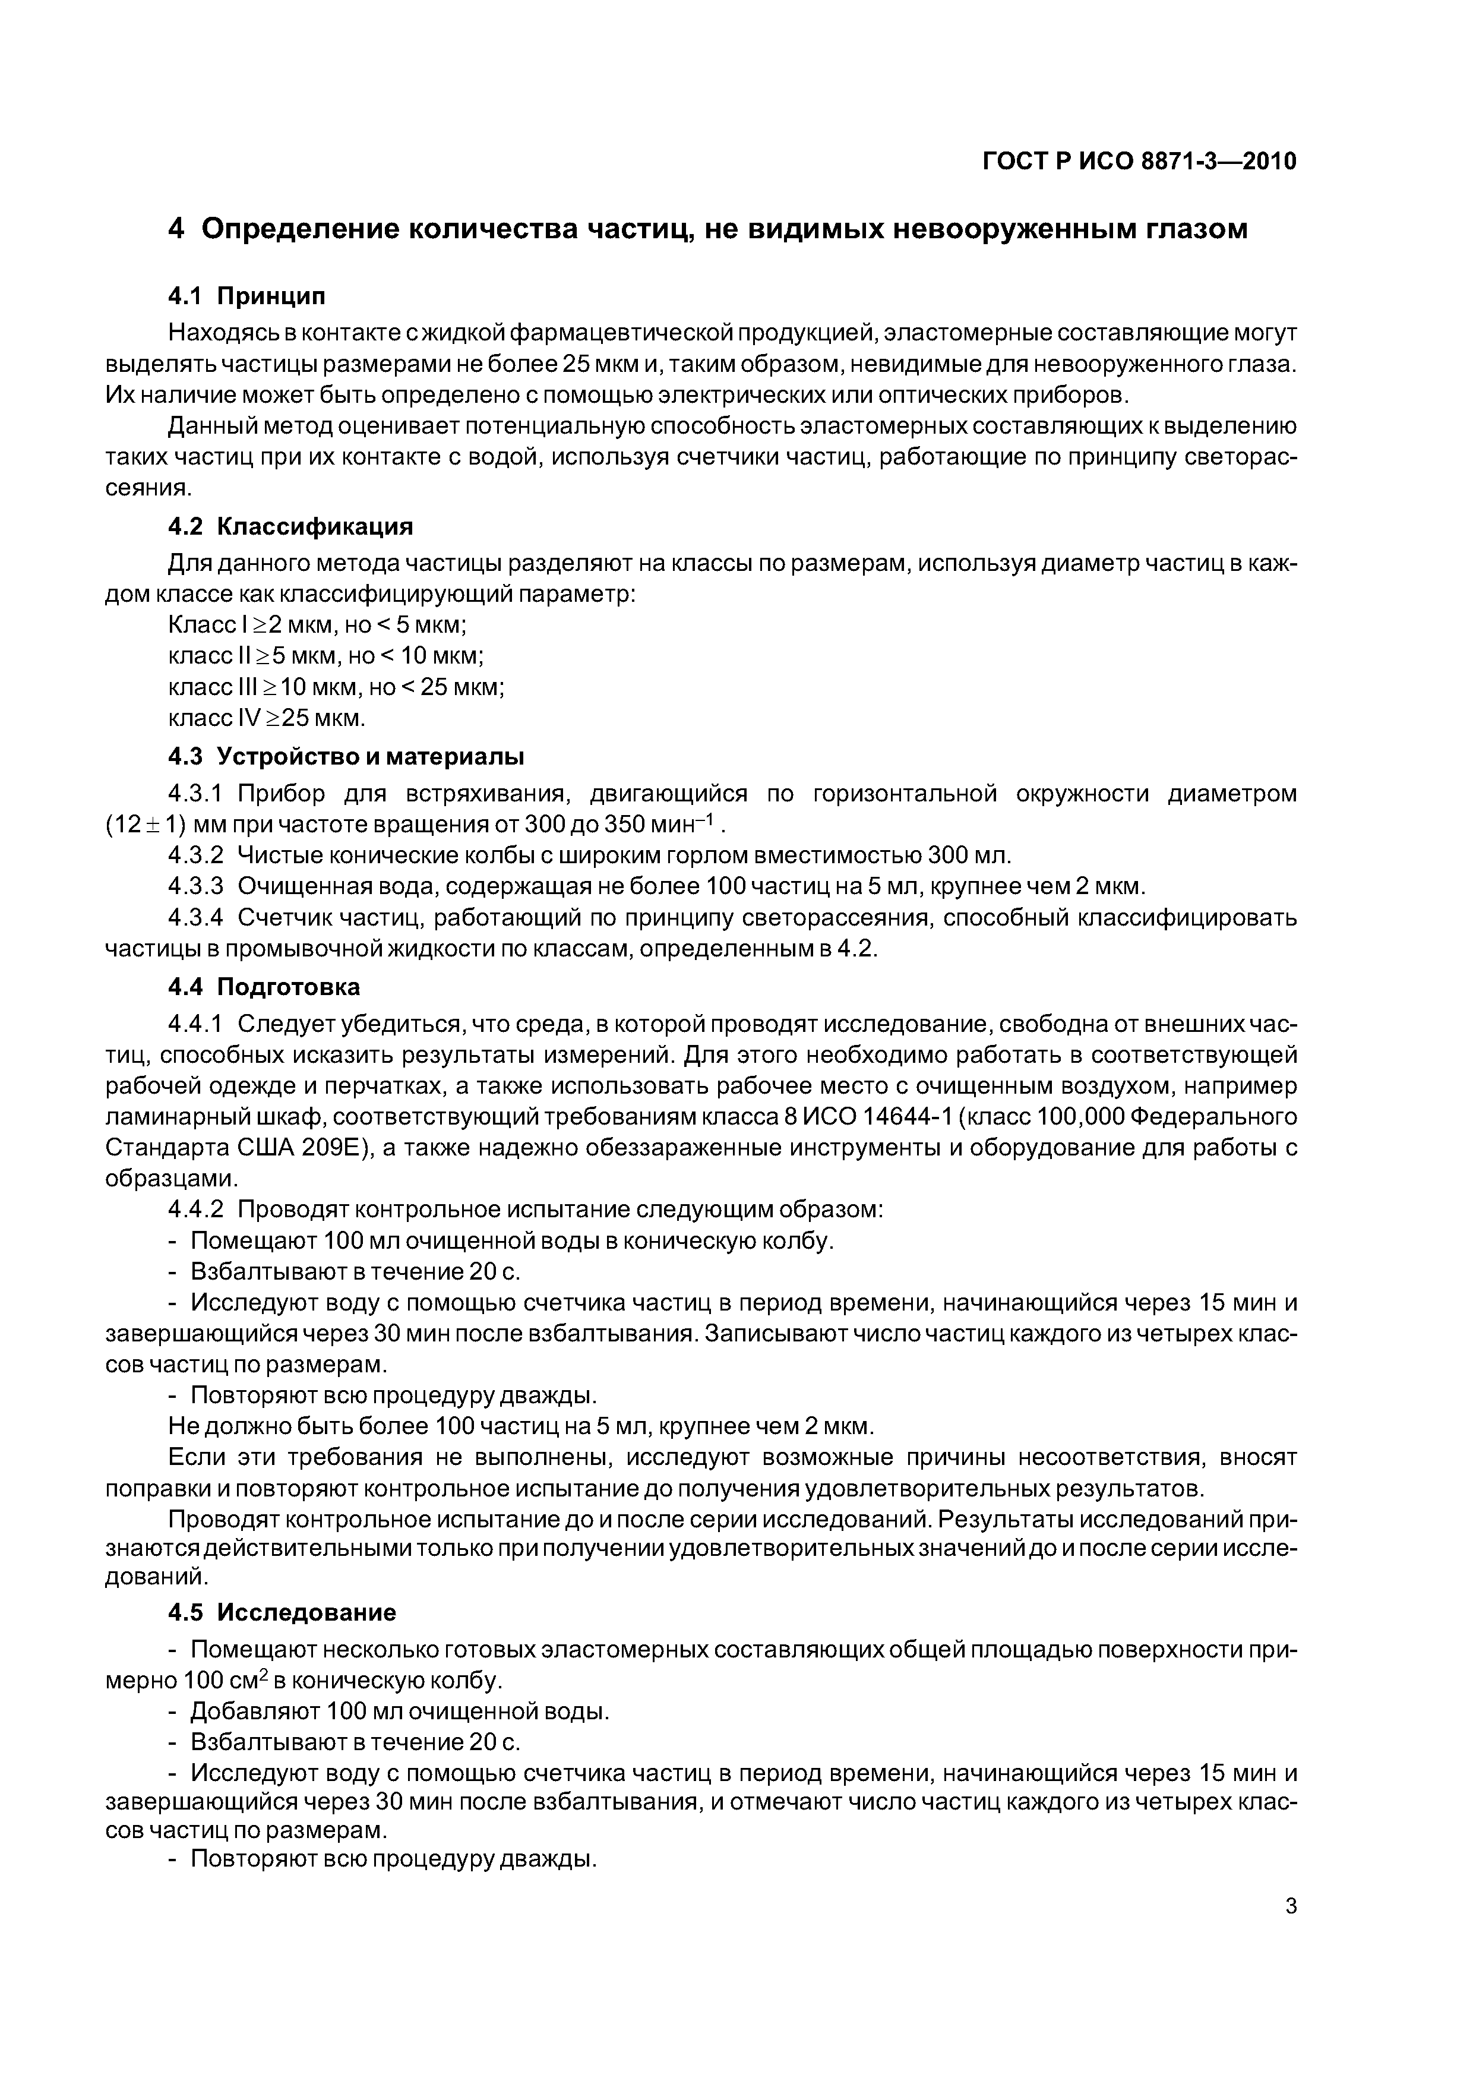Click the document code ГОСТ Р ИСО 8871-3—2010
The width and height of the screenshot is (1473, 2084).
1139,162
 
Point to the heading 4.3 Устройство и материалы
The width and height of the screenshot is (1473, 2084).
346,756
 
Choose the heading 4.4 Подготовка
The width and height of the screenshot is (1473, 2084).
264,987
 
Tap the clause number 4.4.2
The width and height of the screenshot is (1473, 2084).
195,1210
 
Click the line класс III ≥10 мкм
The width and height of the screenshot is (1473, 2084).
336,687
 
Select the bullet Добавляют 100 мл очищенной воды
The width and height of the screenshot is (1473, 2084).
399,1712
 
